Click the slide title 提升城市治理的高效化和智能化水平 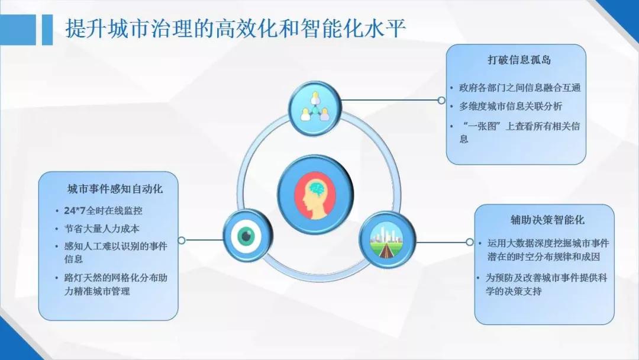pyautogui.click(x=235, y=28)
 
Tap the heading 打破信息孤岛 pyautogui.click(x=519, y=60)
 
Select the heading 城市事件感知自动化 pyautogui.click(x=115, y=189)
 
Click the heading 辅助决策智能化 pyautogui.click(x=547, y=220)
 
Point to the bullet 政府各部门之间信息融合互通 pyautogui.click(x=519, y=88)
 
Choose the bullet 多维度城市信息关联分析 pyautogui.click(x=510, y=107)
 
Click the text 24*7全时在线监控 pyautogui.click(x=103, y=211)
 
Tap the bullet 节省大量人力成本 pyautogui.click(x=102, y=229)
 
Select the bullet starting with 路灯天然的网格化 pyautogui.click(x=116, y=285)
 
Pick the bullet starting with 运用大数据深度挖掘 pyautogui.click(x=548, y=250)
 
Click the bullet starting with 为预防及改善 pyautogui.click(x=546, y=285)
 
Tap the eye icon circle pyautogui.click(x=247, y=236)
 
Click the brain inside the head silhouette pyautogui.click(x=319, y=188)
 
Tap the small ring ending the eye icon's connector pyautogui.click(x=182, y=240)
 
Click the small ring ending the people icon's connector pyautogui.click(x=441, y=100)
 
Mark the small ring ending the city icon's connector pyautogui.click(x=469, y=242)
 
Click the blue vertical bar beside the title pyautogui.click(x=47, y=30)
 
